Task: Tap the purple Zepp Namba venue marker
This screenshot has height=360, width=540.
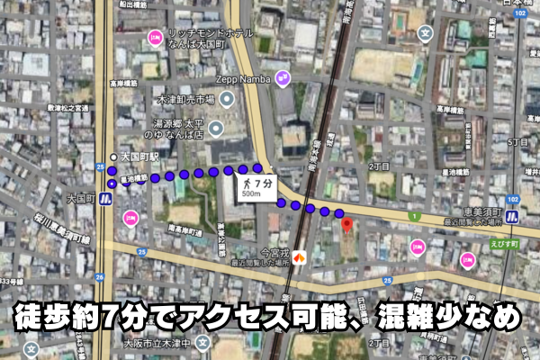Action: pos(283,78)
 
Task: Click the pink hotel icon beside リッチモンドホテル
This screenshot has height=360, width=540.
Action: pos(155,37)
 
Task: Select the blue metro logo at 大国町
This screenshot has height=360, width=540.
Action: pos(105,200)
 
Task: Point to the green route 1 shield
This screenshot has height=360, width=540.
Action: pos(414,217)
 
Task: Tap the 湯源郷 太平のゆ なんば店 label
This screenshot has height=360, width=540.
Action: pos(191,129)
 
